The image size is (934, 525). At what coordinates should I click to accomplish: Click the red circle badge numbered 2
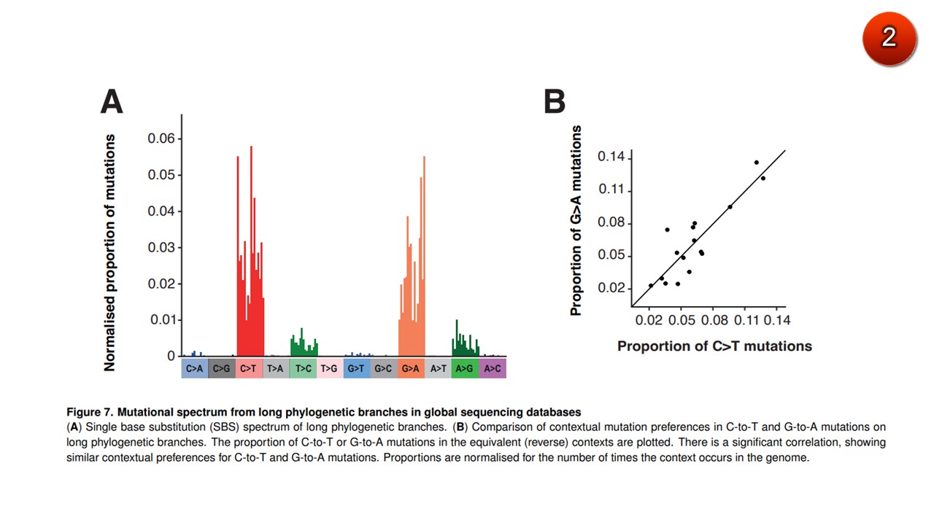[x=888, y=36]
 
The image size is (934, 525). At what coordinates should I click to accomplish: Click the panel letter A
[x=112, y=101]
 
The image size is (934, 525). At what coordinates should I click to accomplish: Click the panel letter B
[x=555, y=101]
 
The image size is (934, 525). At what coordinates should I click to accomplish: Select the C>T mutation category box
[x=249, y=368]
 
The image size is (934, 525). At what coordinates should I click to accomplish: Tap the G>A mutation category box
[x=411, y=368]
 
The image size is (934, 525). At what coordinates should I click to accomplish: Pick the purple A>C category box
[x=493, y=368]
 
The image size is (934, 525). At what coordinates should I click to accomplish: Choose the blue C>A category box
[x=195, y=368]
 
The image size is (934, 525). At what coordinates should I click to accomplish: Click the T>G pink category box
[x=330, y=368]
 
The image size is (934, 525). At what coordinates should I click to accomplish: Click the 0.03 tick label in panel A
[x=161, y=247]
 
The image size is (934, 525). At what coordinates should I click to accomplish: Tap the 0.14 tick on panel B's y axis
[x=611, y=157]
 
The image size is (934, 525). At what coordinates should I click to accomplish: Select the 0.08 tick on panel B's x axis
[x=714, y=320]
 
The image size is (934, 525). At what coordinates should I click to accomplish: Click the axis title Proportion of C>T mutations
[x=714, y=346]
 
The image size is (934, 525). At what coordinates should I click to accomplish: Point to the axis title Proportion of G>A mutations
[x=576, y=220]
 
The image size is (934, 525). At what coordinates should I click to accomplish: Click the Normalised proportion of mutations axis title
[x=110, y=252]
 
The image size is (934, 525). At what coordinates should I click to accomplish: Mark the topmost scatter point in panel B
[x=757, y=163]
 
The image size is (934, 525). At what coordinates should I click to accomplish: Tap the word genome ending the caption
[x=790, y=458]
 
